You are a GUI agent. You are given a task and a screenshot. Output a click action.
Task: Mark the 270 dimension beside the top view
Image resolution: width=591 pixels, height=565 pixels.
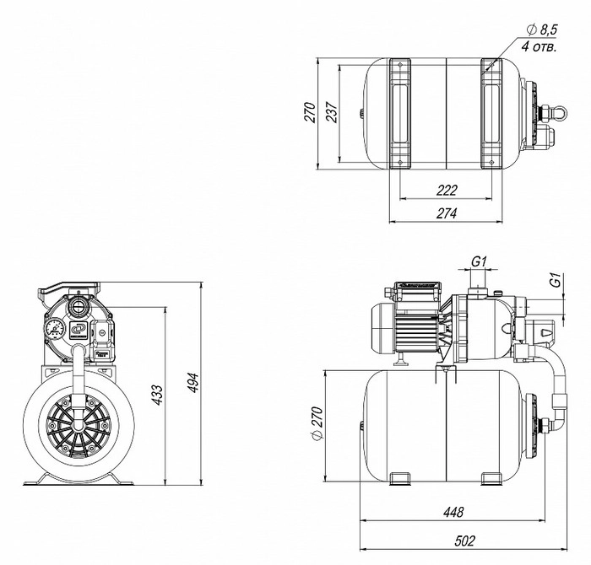point(309,112)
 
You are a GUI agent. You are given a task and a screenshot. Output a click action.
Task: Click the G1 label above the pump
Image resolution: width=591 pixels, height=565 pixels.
point(478,262)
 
